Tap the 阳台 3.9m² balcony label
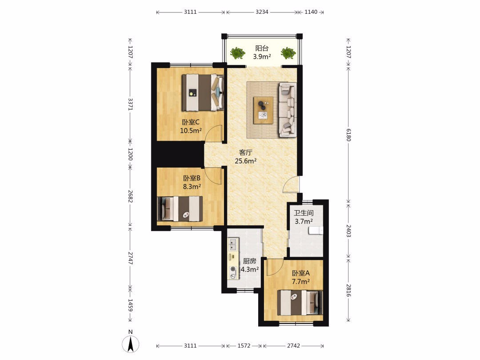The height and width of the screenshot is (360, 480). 262,52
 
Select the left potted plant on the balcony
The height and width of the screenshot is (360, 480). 237,53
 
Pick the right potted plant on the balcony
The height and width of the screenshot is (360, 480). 288,53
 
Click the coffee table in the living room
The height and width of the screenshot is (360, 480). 263,110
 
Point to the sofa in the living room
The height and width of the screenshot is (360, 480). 288,109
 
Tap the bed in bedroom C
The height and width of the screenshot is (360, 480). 203,92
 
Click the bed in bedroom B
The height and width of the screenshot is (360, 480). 180,209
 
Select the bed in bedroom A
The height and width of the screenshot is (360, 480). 300,303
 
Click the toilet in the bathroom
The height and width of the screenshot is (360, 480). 316,231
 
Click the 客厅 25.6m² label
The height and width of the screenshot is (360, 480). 245,157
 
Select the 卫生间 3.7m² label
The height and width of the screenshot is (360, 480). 304,217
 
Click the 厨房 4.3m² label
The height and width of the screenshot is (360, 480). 249,265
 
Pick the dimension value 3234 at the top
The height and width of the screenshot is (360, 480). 262,12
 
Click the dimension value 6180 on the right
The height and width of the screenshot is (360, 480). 348,135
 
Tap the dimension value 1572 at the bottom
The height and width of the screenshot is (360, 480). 244,346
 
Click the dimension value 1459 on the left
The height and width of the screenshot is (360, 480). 130,305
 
